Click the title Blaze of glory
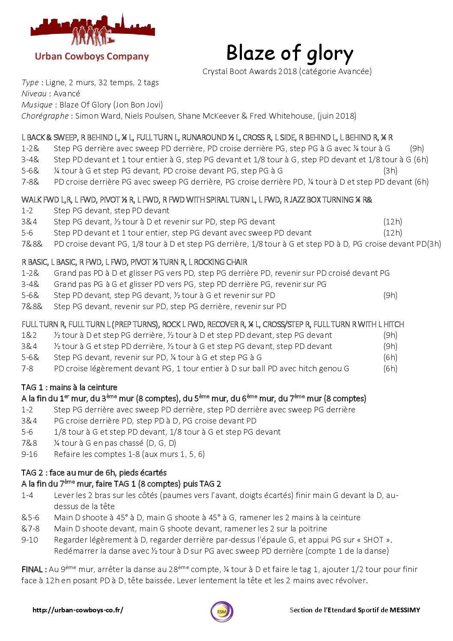tap(289, 54)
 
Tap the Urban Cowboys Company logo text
tap(92, 57)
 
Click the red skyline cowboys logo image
tap(92, 30)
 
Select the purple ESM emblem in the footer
tap(222, 611)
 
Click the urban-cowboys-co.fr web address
tap(77, 610)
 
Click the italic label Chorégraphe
tap(45, 116)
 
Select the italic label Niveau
tap(34, 94)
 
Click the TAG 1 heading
tap(69, 387)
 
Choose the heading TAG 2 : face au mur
tap(94, 473)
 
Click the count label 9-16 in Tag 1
tap(30, 454)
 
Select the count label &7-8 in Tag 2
tap(30, 529)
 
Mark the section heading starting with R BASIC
tap(134, 262)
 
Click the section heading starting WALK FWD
tap(197, 200)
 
